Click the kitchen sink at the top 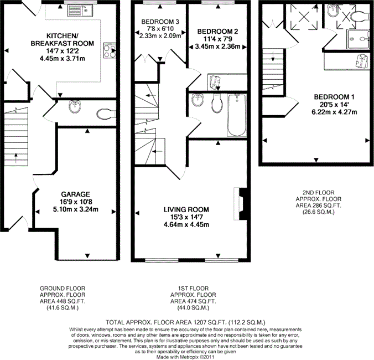coord(80,11)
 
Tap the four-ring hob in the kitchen coord(110,50)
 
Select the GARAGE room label coord(76,194)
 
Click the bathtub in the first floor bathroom coord(237,115)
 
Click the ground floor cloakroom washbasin coord(75,107)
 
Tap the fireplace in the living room coord(241,204)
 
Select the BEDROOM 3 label coord(160,22)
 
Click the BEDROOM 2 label coord(217,31)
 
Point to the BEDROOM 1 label coord(334,97)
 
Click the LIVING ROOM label coord(186,209)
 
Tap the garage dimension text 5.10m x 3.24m coord(76,209)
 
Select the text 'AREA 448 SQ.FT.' coord(63,301)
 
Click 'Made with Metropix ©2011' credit coord(185,357)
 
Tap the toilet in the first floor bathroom coord(217,104)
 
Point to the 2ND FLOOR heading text coord(319,192)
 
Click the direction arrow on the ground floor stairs coord(15,158)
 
